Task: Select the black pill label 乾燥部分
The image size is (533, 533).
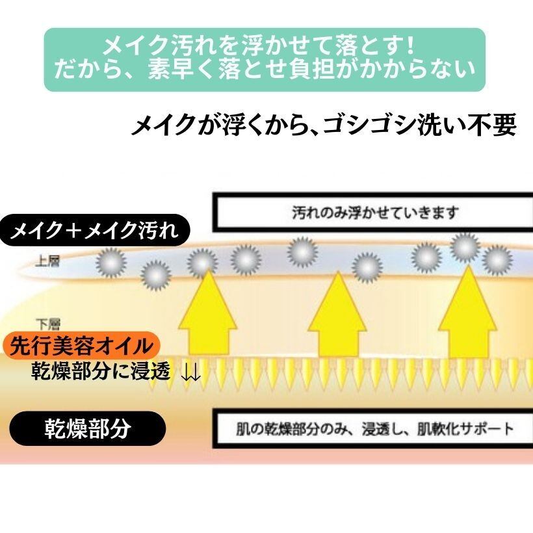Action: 87,430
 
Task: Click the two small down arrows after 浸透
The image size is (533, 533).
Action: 190,373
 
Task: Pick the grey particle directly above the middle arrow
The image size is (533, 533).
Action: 367,266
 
